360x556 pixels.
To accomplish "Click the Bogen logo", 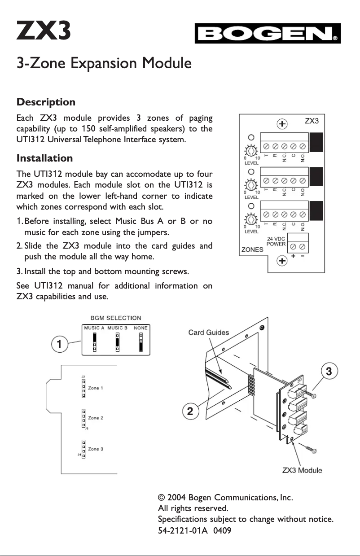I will tap(268, 34).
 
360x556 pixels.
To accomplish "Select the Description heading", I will tap(46, 102).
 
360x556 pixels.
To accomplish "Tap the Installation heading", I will tap(44, 158).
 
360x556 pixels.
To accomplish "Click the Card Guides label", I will tap(208, 333).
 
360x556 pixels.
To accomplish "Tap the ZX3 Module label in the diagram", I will tap(302, 470).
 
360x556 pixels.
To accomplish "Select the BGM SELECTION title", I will tap(116, 318).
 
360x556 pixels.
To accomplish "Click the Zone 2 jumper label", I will tap(96, 418).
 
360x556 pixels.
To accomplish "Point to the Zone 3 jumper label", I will tap(96, 449).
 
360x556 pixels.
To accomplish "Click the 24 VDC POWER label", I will tap(276, 241).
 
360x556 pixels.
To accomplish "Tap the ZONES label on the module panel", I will tap(253, 250).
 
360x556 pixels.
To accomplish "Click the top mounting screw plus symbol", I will tap(281, 124).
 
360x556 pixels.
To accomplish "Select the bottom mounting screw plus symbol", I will tap(281, 261).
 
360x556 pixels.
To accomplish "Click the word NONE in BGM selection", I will tap(140, 328).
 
